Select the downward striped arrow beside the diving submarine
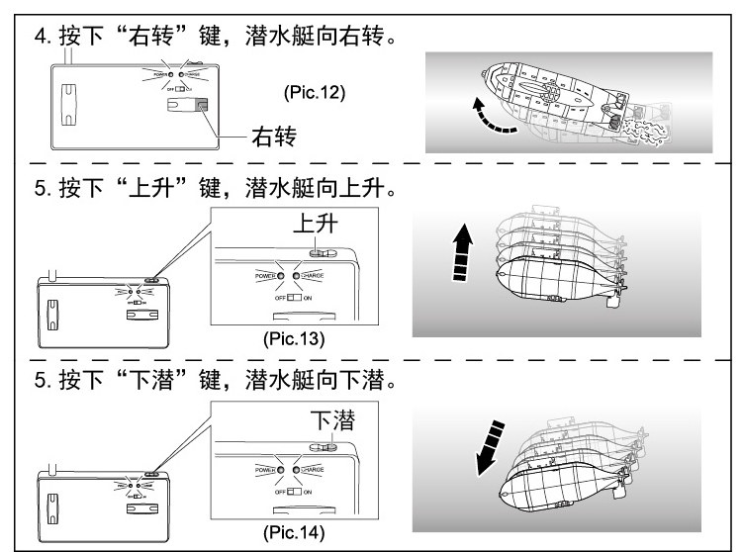click(x=492, y=447)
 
